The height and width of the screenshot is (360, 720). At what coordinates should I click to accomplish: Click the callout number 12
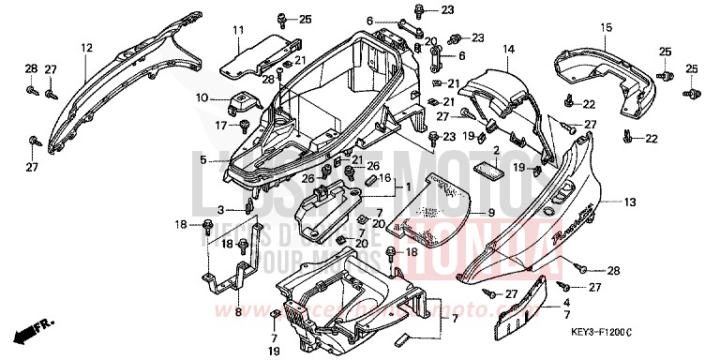tap(86, 48)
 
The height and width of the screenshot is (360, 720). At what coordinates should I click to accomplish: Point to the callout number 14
tap(508, 49)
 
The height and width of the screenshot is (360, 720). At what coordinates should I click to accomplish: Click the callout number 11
tap(239, 30)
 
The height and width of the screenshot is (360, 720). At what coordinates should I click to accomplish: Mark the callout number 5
tap(202, 161)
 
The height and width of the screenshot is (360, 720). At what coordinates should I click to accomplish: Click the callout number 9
tap(489, 212)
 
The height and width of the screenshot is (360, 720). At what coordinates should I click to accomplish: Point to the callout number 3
tap(221, 210)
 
